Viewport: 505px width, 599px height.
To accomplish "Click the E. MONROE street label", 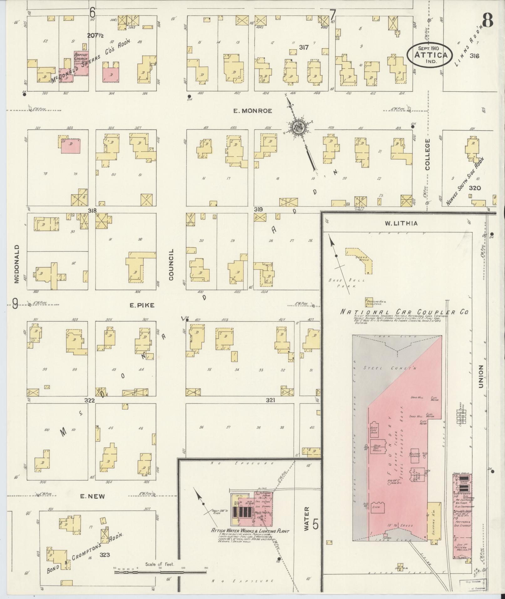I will pyautogui.click(x=252, y=111).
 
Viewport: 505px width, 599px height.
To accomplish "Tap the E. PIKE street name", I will pyautogui.click(x=142, y=305).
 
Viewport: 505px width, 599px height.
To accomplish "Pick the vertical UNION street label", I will pyautogui.click(x=481, y=376).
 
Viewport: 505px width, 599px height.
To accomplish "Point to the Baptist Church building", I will pyautogui.click(x=81, y=63).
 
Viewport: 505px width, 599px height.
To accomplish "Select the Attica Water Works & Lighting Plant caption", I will pyautogui.click(x=250, y=531).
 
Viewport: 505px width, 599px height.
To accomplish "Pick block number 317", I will pyautogui.click(x=303, y=48).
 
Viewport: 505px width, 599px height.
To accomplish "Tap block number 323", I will pyautogui.click(x=105, y=555).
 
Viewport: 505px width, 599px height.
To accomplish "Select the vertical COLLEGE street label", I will pyautogui.click(x=427, y=154).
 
